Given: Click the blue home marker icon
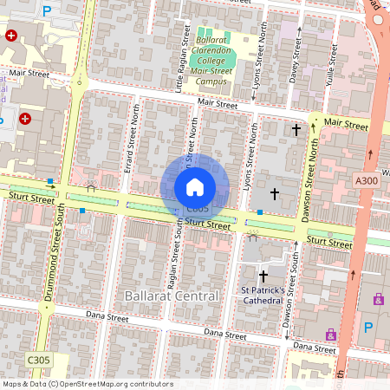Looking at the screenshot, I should (x=195, y=186).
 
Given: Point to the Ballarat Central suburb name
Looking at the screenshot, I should (x=172, y=296).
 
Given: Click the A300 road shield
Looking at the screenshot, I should (x=366, y=180).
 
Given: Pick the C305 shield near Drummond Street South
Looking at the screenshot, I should (x=37, y=360).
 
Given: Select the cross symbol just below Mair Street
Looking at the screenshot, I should (x=296, y=130).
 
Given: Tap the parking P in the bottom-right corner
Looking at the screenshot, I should (x=368, y=328).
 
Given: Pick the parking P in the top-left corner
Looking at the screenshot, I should (x=46, y=11).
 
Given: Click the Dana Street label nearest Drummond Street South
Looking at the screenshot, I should (x=107, y=319).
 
